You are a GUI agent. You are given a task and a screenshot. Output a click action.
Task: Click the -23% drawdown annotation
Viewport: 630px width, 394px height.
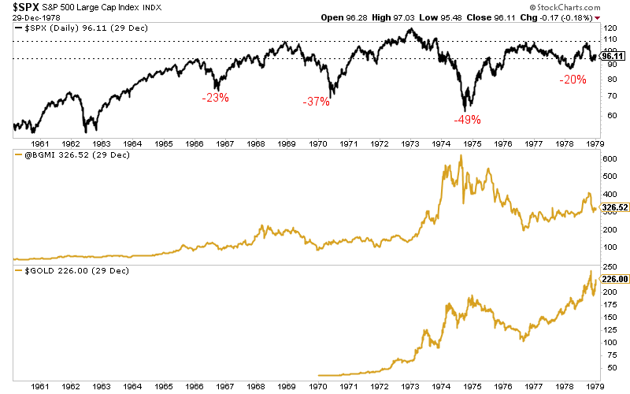pyautogui.click(x=214, y=98)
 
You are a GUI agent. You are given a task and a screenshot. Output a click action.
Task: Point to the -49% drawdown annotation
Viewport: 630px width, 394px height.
pyautogui.click(x=467, y=120)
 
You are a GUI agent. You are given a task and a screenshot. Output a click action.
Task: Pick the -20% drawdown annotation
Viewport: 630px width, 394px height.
pyautogui.click(x=573, y=80)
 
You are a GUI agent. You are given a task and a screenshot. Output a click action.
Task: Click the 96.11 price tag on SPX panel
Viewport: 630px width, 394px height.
pyautogui.click(x=612, y=56)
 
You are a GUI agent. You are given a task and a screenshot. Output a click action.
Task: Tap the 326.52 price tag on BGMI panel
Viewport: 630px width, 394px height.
pyautogui.click(x=614, y=208)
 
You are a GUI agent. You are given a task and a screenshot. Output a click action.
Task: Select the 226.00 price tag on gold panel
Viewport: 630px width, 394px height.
pyautogui.click(x=614, y=278)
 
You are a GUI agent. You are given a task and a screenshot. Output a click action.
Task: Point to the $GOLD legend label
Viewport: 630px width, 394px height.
pyautogui.click(x=31, y=271)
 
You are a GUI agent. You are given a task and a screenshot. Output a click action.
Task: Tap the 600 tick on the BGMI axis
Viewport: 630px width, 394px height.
pyautogui.click(x=609, y=158)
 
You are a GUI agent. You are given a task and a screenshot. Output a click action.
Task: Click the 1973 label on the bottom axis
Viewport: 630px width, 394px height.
pyautogui.click(x=410, y=385)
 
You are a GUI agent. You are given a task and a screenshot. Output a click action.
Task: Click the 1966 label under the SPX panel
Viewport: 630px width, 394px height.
pyautogui.click(x=195, y=144)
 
